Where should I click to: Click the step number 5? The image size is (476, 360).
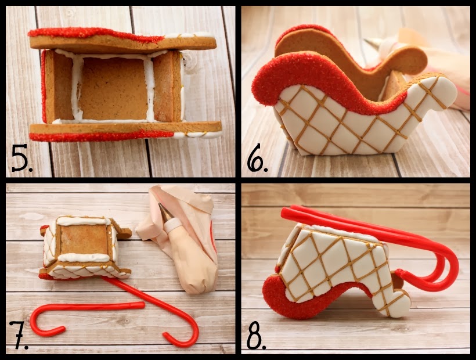click(x=22, y=159)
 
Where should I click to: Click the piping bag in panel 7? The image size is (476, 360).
click(x=186, y=244)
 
